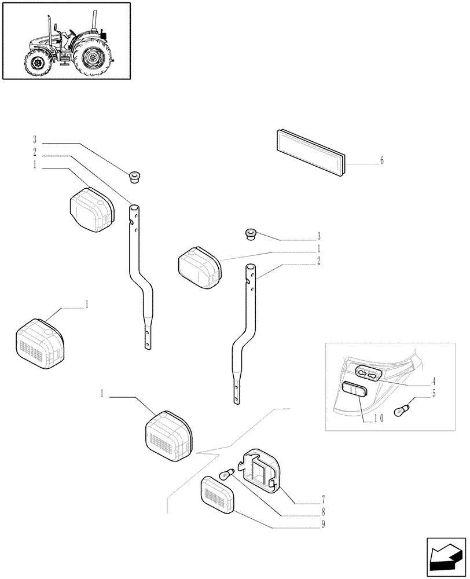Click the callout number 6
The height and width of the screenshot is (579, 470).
click(381, 161)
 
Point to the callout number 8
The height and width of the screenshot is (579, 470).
click(323, 512)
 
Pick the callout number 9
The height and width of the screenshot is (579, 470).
click(323, 525)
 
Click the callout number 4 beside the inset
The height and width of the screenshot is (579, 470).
click(434, 383)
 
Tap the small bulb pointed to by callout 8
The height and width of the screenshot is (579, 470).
click(227, 475)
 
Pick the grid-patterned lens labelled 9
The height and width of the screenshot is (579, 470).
click(218, 495)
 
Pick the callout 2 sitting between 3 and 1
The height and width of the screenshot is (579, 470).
click(35, 153)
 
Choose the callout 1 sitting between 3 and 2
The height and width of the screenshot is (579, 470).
click(318, 248)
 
